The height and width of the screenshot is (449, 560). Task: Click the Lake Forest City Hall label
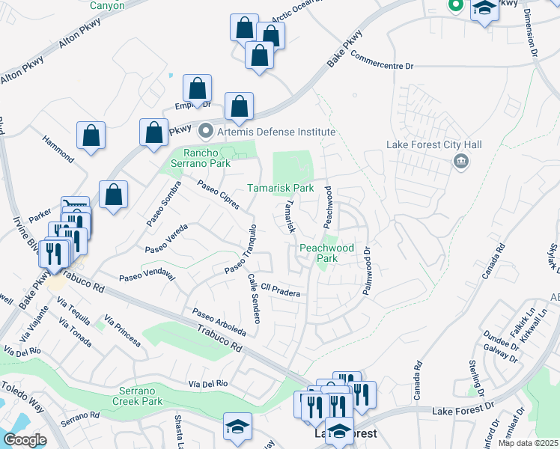[433, 144]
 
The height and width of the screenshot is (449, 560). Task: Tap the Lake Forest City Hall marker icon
[461, 161]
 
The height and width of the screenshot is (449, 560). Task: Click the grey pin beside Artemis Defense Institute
[207, 130]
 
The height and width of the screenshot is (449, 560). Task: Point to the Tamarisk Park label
[280, 189]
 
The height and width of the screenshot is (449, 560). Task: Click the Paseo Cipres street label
[219, 195]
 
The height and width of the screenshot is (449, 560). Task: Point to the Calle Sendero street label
[254, 298]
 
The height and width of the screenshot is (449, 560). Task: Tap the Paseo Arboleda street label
[219, 322]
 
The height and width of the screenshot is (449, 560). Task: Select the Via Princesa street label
[123, 332]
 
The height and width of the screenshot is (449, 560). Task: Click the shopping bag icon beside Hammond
[91, 137]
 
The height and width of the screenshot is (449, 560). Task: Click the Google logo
[25, 440]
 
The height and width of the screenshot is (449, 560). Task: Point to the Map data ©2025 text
[528, 443]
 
